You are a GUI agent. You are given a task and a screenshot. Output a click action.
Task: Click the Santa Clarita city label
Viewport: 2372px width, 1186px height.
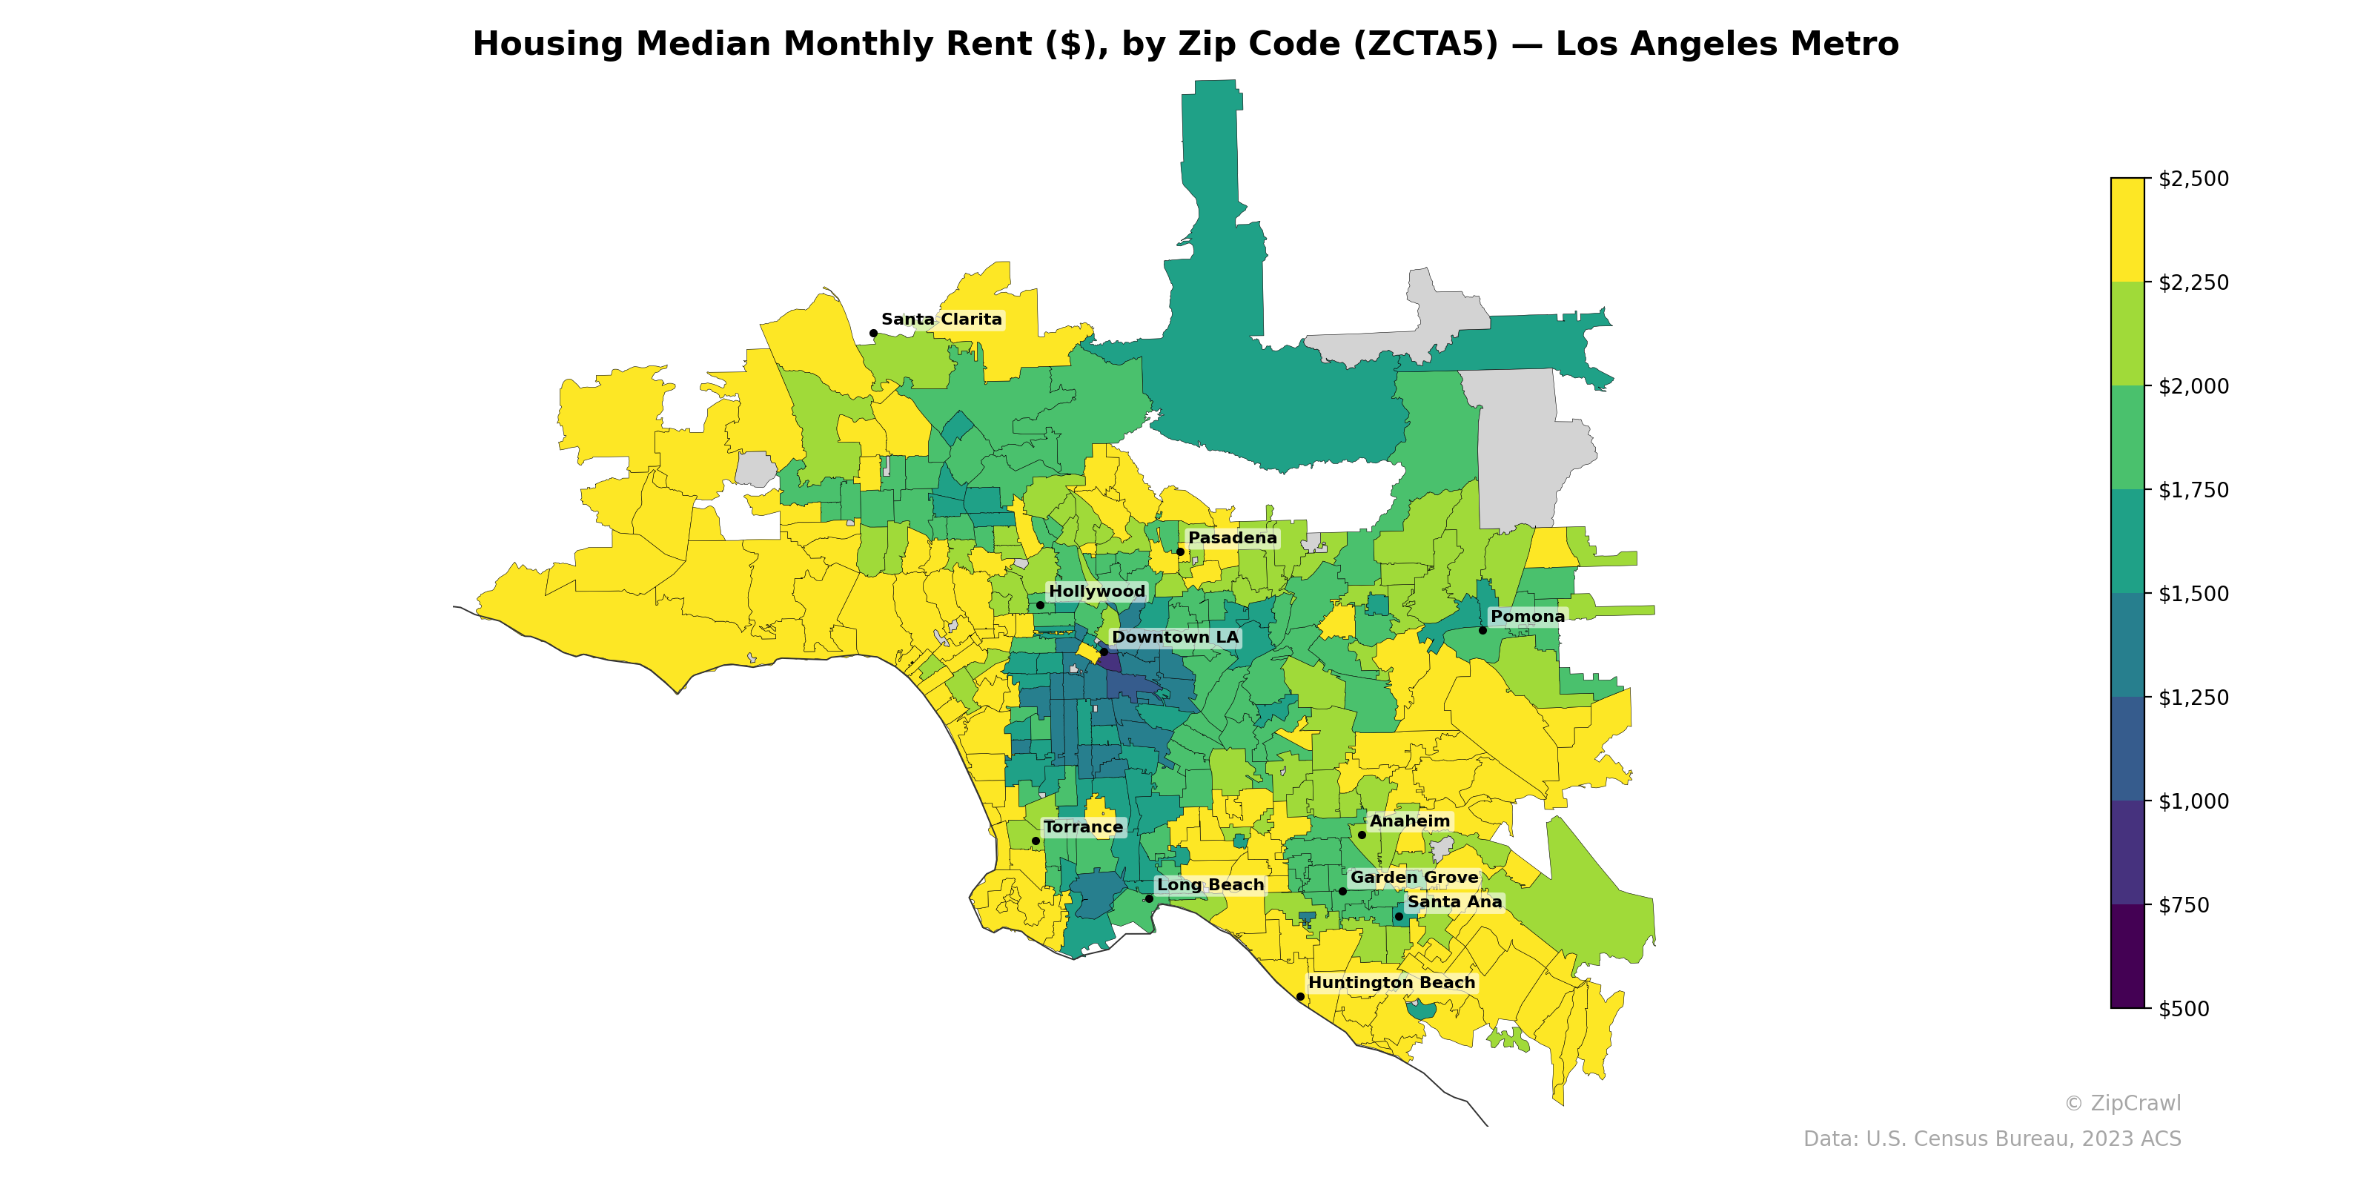coord(941,319)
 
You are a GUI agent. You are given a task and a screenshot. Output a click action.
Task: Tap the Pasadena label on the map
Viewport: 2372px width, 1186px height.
coord(1232,537)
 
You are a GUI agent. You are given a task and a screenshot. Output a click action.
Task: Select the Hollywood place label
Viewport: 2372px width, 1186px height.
coord(1097,592)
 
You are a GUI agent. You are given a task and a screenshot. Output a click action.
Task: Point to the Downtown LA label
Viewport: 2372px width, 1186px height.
coord(1175,637)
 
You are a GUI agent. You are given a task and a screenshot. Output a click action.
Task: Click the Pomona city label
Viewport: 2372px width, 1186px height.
coord(1527,616)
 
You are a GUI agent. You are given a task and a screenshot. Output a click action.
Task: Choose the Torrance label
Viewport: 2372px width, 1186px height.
coord(1083,827)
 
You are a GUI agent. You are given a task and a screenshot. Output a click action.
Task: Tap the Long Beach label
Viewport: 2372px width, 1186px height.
coord(1210,885)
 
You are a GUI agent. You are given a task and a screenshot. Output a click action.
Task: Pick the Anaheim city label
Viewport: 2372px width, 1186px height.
coord(1409,821)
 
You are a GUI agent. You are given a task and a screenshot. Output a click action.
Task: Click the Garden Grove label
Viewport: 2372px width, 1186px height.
coord(1414,878)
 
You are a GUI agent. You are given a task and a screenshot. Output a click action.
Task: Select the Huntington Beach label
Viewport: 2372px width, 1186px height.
coord(1391,982)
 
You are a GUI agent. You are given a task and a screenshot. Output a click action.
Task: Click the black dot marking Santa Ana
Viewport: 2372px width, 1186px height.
coord(1399,916)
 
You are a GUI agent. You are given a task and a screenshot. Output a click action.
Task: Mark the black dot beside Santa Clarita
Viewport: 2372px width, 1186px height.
coord(873,334)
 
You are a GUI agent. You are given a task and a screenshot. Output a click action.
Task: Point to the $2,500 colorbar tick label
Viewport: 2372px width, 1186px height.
coord(2193,179)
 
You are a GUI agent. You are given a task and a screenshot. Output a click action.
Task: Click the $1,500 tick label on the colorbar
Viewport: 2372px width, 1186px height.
coord(2193,594)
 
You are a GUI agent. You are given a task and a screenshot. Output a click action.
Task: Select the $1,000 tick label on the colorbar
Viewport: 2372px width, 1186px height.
coord(2193,801)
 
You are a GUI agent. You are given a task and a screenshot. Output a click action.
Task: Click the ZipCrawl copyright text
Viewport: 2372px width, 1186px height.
coord(2121,1103)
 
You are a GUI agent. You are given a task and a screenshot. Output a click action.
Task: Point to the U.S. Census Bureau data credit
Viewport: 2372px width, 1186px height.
coord(1992,1139)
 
